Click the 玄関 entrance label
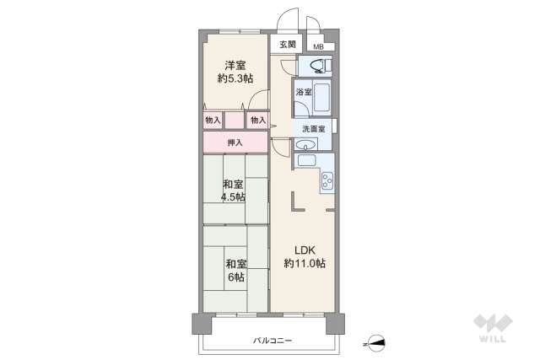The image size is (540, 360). click(287, 45)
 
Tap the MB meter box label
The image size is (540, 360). click(318, 46)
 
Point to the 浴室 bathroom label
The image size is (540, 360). click(303, 91)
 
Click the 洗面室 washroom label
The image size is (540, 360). click(310, 127)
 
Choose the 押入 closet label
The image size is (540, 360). click(235, 142)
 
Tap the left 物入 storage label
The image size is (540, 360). click(213, 121)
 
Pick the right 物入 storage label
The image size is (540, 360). click(257, 121)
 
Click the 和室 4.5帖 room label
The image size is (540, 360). click(234, 191)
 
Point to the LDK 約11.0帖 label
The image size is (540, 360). click(305, 256)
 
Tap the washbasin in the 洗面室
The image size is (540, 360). click(305, 144)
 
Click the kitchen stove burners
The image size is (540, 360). click(327, 180)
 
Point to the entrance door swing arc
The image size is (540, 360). click(287, 19)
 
